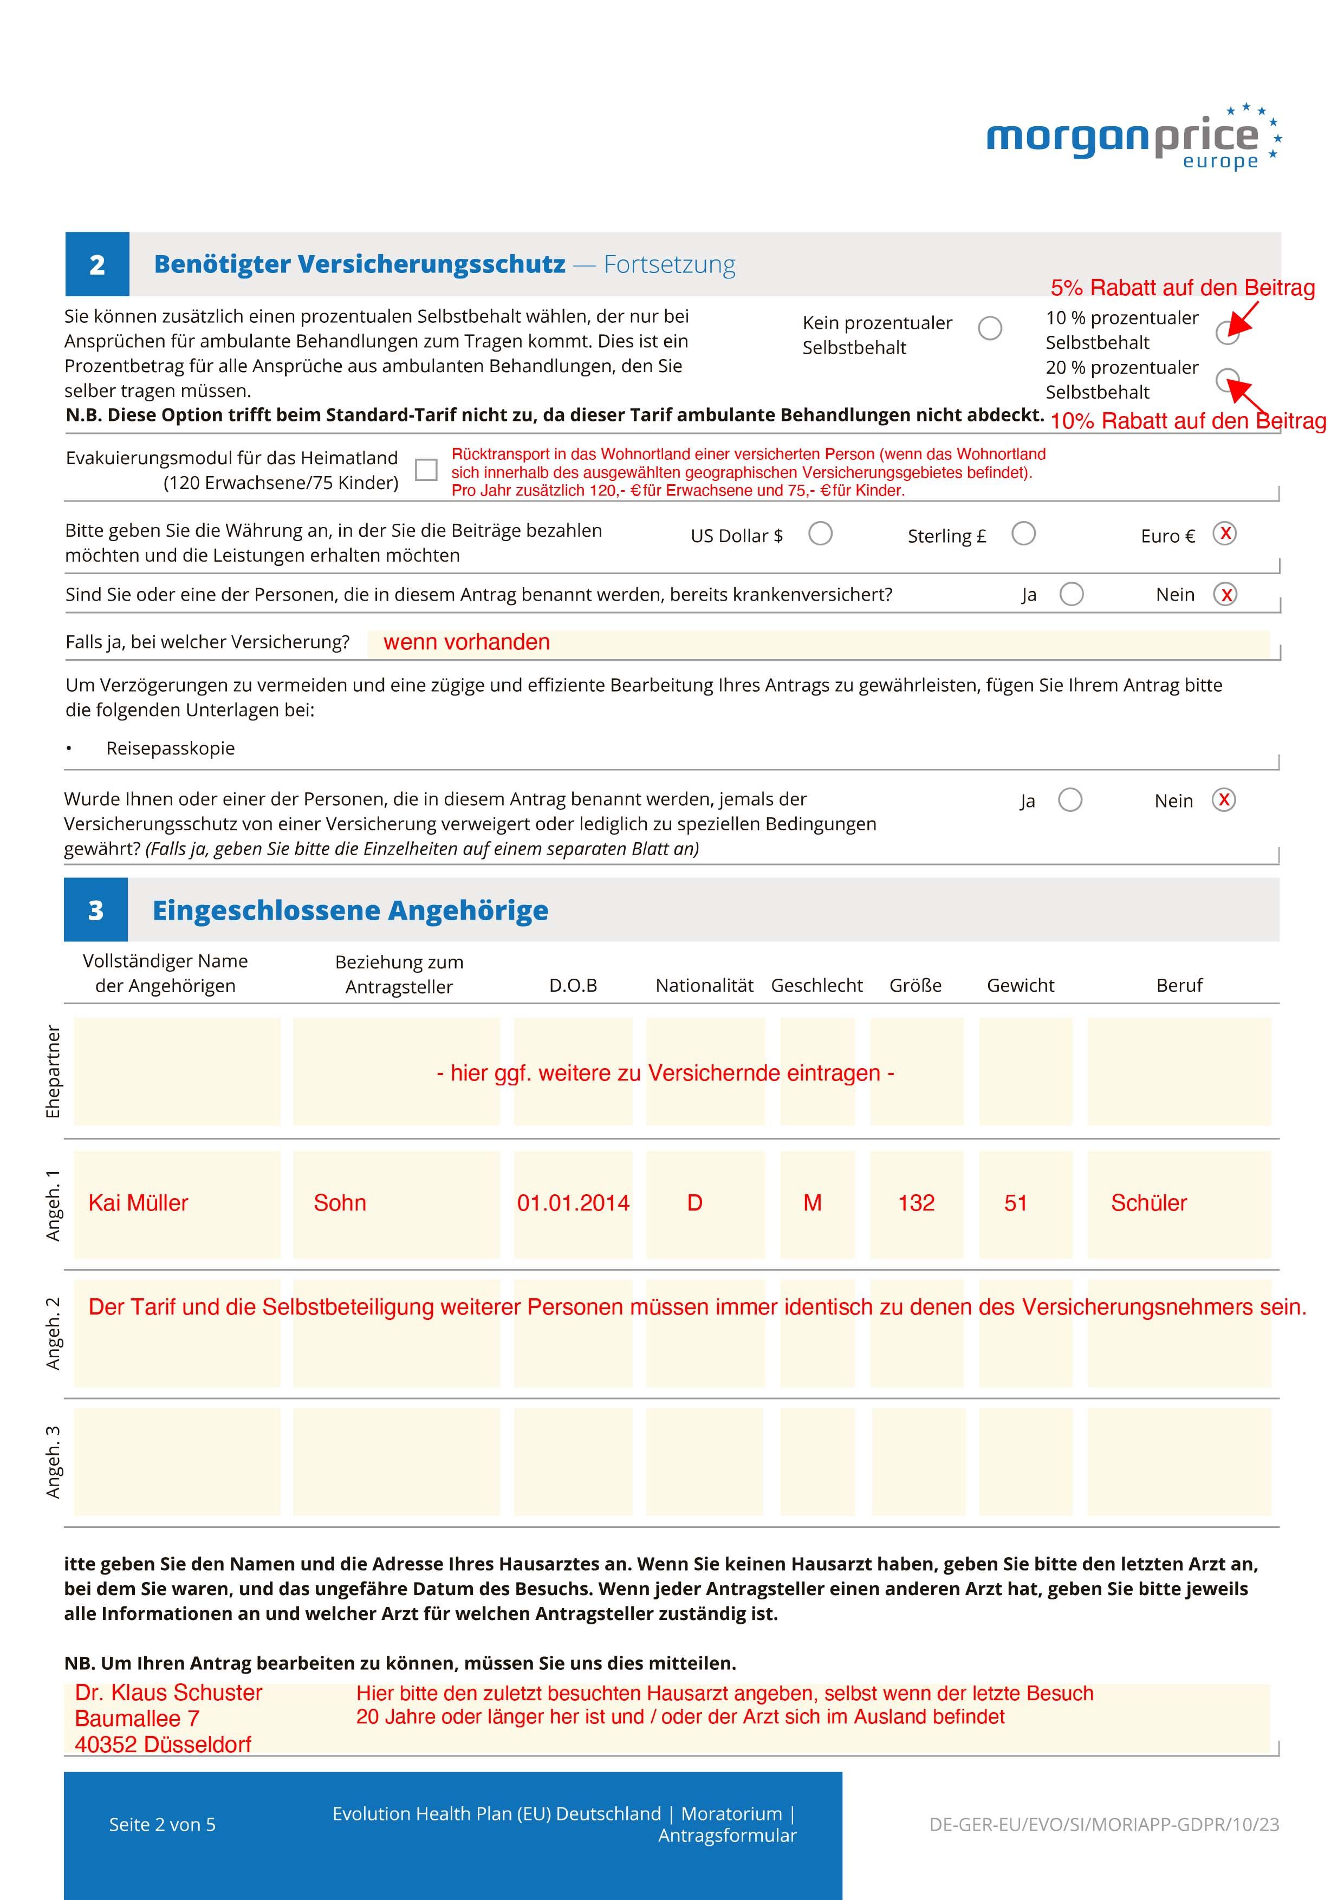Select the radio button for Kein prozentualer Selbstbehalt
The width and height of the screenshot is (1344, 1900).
coord(990,329)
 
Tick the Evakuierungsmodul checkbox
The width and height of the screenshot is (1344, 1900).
coord(426,470)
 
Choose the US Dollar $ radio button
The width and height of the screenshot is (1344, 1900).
coord(820,533)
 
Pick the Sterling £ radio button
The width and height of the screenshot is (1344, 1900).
coord(1024,533)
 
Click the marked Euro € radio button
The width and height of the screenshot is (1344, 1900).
coord(1225,533)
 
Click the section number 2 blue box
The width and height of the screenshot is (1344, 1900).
coord(97,264)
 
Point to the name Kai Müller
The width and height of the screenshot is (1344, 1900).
coord(138,1202)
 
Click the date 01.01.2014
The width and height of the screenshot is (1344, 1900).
coord(573,1202)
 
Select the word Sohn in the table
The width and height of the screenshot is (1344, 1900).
coord(339,1202)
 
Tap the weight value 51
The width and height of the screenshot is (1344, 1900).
coord(1015,1202)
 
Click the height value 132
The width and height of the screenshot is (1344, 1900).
coord(916,1202)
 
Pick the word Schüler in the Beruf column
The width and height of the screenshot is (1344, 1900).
coord(1148,1202)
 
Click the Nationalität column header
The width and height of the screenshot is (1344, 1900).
coord(704,985)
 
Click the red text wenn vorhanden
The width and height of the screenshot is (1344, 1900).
coord(467,642)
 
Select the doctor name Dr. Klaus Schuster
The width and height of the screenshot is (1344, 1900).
coord(169,1693)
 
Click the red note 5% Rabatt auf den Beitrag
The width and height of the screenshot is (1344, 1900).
coord(1183,288)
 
